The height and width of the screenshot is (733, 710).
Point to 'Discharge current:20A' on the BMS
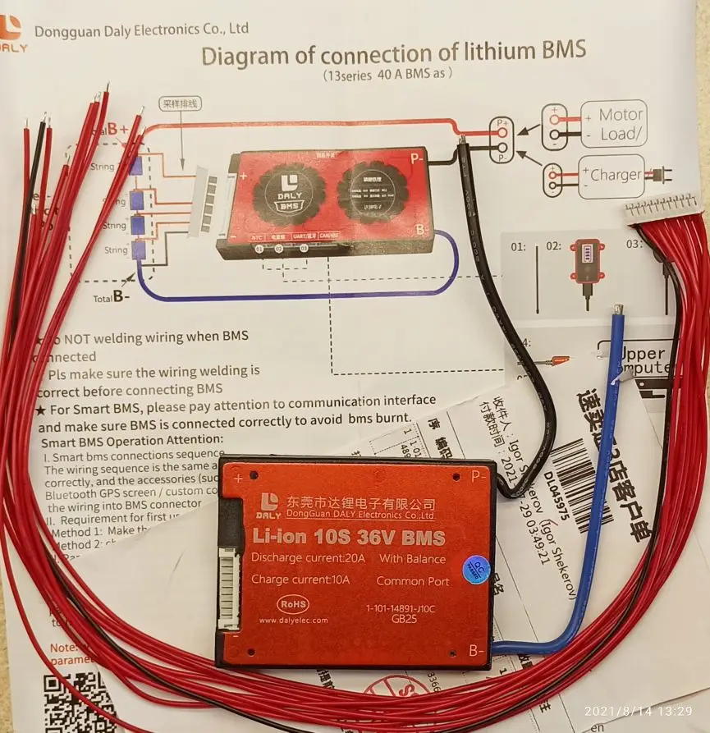coord(305,559)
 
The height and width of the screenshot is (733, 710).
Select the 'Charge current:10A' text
coord(300,580)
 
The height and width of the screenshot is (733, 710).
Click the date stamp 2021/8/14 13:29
coord(638,711)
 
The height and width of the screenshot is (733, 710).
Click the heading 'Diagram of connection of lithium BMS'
coord(394,55)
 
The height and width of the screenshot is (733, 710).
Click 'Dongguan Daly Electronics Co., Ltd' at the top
coord(141,30)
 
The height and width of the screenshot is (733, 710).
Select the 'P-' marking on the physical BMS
coord(479,476)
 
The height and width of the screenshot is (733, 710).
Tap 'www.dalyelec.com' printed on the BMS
coord(293,621)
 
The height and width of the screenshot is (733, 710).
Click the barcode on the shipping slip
coord(586,485)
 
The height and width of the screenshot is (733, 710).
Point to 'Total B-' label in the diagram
coord(110,297)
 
